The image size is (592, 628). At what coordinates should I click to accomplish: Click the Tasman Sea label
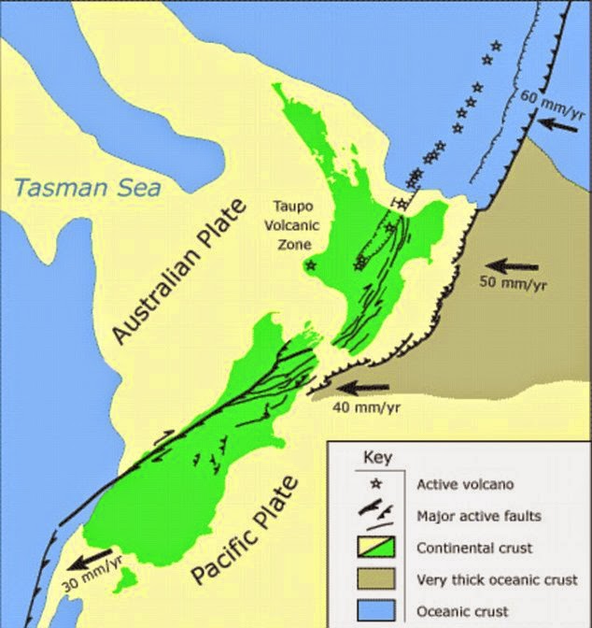pyautogui.click(x=88, y=187)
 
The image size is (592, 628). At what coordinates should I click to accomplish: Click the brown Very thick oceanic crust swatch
pyautogui.click(x=378, y=580)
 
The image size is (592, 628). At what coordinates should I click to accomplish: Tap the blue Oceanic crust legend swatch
pyautogui.click(x=378, y=612)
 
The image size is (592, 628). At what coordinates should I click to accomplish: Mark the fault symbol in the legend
pyautogui.click(x=378, y=513)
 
